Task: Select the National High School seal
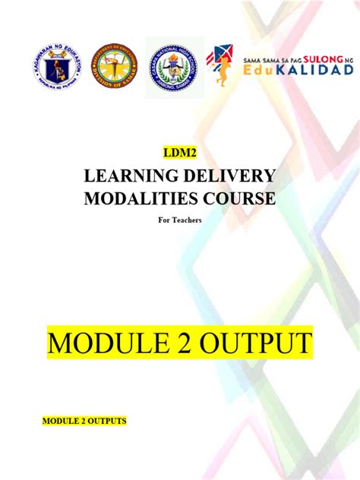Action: coord(175,64)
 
